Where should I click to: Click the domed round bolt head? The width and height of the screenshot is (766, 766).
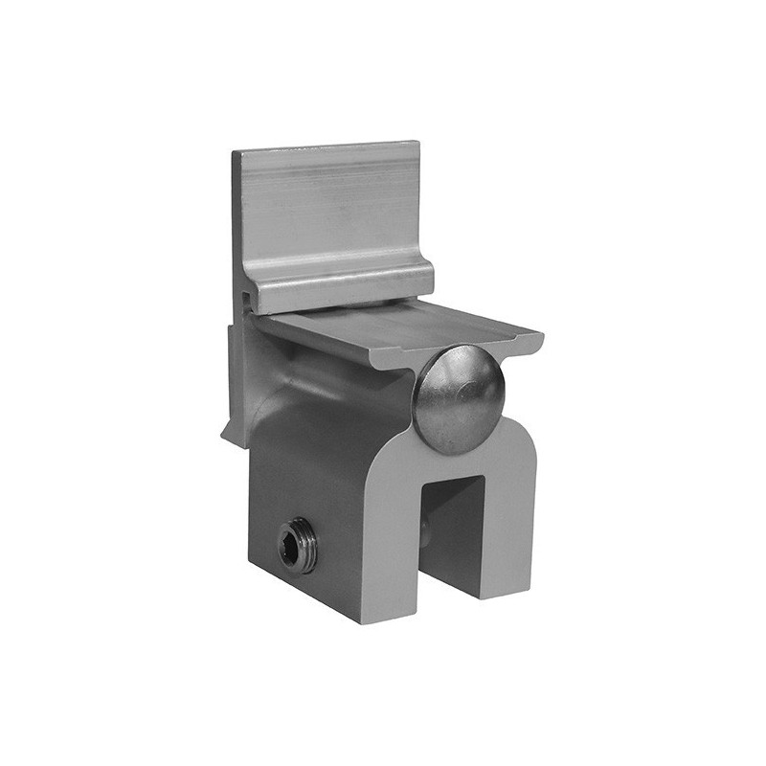click(x=459, y=398)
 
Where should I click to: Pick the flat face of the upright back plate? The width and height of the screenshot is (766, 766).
click(x=330, y=215)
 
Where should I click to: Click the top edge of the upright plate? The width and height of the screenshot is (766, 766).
click(x=326, y=146)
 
